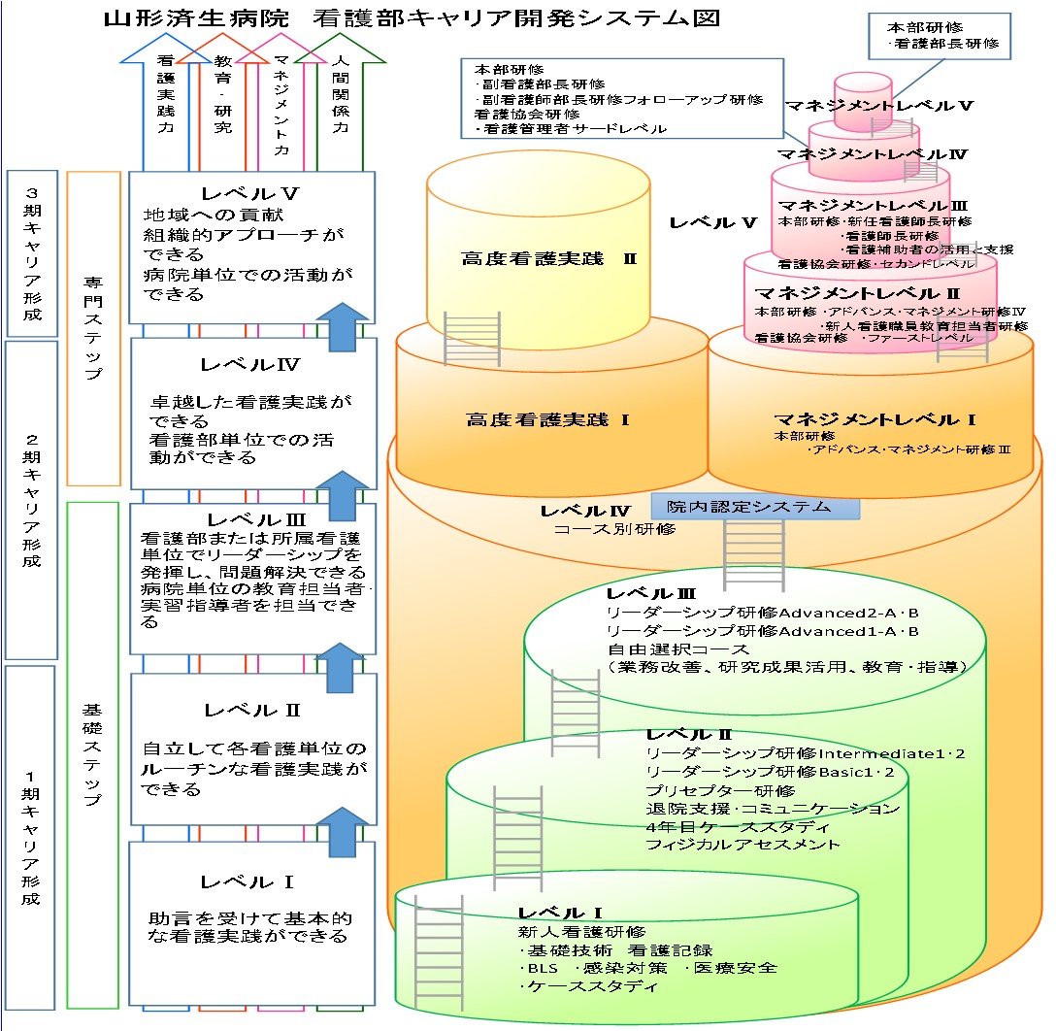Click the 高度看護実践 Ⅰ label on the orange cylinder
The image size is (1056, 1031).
point(548,419)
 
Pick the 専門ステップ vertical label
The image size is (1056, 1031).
point(94,328)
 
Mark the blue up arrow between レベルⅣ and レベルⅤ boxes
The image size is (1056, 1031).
point(344,325)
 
